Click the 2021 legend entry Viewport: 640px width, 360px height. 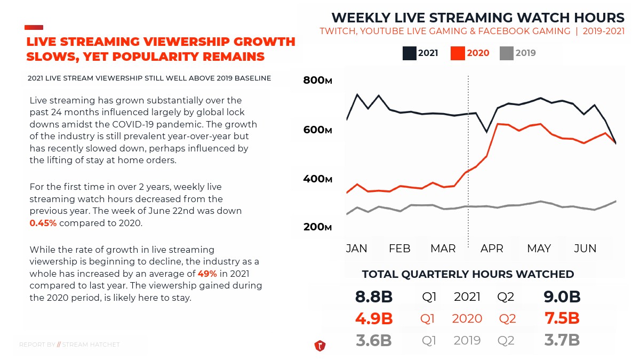[421, 53]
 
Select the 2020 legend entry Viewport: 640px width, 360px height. [470, 53]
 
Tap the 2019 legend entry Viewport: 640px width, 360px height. [518, 53]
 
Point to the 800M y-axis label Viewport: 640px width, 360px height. [318, 81]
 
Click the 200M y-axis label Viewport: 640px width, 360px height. [318, 227]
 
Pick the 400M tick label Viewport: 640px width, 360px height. [318, 179]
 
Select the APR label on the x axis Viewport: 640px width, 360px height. [492, 249]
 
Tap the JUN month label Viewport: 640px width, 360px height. [585, 249]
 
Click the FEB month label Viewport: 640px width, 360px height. [399, 249]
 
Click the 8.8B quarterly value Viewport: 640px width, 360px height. [374, 297]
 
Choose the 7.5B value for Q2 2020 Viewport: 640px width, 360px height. [562, 318]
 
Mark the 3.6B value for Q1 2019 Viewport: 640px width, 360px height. [374, 340]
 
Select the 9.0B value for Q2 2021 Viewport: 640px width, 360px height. [562, 297]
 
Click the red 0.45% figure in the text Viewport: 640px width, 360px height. [43, 223]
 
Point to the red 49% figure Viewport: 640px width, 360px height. [207, 273]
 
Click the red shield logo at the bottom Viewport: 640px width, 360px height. [320, 346]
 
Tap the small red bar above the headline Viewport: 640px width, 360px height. [34, 27]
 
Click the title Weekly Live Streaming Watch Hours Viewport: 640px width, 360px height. [478, 18]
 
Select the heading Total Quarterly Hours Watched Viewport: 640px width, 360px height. [468, 274]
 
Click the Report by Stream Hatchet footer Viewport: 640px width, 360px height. [69, 345]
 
